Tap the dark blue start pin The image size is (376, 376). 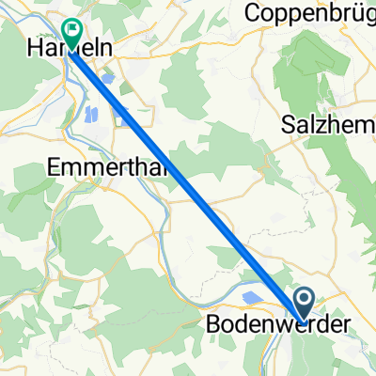305,304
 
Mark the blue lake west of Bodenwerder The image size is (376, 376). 252,298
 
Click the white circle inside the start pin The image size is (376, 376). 305,299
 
